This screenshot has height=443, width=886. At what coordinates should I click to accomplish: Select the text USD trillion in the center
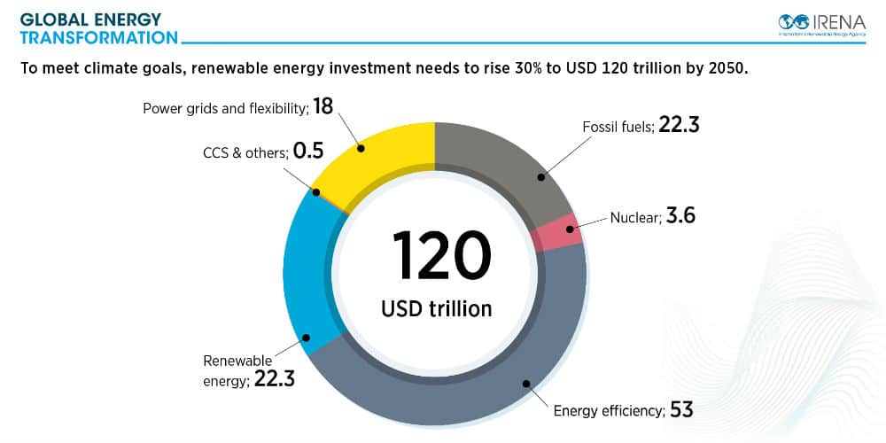click(x=436, y=309)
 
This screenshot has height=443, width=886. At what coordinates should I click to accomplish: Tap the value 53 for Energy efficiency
click(x=681, y=409)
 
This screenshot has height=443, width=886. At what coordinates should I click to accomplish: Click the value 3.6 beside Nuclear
click(x=680, y=217)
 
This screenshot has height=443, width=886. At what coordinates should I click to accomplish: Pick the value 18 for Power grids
click(x=323, y=107)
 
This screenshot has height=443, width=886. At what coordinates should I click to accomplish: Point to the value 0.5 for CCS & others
click(x=308, y=152)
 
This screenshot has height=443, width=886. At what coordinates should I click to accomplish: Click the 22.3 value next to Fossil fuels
click(x=680, y=126)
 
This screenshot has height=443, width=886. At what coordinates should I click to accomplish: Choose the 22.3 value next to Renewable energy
click(x=274, y=380)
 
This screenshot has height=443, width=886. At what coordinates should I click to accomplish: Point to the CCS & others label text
click(x=245, y=153)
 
